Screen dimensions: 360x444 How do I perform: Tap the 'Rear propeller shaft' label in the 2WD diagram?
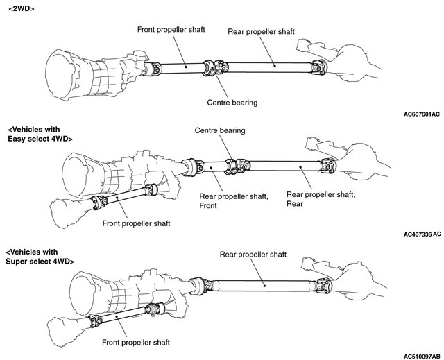point(263,32)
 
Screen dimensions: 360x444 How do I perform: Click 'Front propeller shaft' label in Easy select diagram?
point(137,223)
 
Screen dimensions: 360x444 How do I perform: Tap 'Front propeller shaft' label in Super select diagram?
point(136,343)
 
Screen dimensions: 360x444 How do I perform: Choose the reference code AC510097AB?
point(420,354)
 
